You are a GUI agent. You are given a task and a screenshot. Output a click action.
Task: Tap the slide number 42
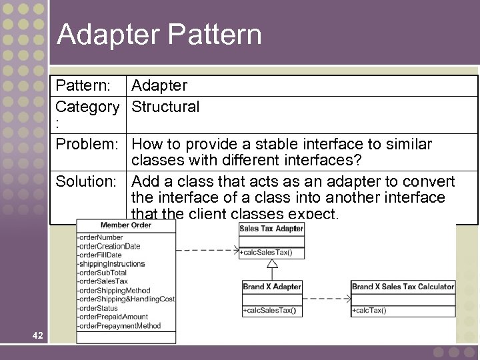(37, 335)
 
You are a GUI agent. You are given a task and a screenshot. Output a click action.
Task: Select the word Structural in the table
(165, 107)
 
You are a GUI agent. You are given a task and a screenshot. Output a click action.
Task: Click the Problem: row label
(88, 144)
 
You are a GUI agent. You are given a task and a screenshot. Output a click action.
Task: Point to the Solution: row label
(87, 181)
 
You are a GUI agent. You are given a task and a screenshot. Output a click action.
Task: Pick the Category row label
(87, 107)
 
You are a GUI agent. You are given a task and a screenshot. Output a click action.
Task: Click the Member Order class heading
(126, 225)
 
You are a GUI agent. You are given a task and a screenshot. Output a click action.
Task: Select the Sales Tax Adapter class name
(271, 229)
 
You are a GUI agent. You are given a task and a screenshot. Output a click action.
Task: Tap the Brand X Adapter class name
(272, 287)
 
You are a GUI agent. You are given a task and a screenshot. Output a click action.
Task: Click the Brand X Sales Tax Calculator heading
(403, 287)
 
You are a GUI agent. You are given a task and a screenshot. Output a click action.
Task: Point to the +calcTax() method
(369, 311)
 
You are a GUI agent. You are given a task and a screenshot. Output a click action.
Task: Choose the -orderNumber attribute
(101, 237)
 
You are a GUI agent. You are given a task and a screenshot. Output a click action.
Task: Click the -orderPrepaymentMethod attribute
(119, 326)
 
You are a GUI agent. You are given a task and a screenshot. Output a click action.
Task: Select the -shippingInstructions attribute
(111, 264)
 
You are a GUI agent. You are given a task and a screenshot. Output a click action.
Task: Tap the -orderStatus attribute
(98, 308)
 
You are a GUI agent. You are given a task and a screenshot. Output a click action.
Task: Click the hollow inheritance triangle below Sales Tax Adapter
(271, 264)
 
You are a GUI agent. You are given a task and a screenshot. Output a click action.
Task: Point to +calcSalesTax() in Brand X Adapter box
(269, 311)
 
